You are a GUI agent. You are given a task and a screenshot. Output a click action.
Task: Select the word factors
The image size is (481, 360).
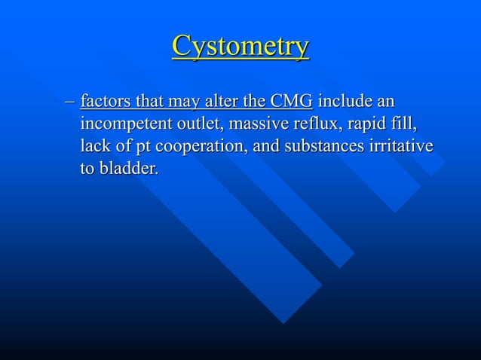tap(105, 101)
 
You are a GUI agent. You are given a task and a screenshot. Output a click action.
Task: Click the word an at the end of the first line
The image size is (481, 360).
tap(387, 101)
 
